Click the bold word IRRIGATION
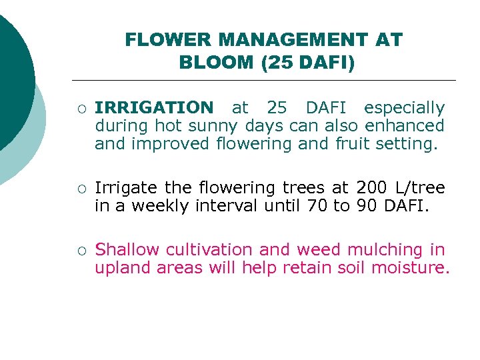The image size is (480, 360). click(x=154, y=107)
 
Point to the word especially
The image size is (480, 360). click(x=404, y=107)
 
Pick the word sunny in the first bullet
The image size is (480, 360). click(x=218, y=125)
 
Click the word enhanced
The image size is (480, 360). click(x=404, y=125)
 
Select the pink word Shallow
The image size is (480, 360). click(x=128, y=250)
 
